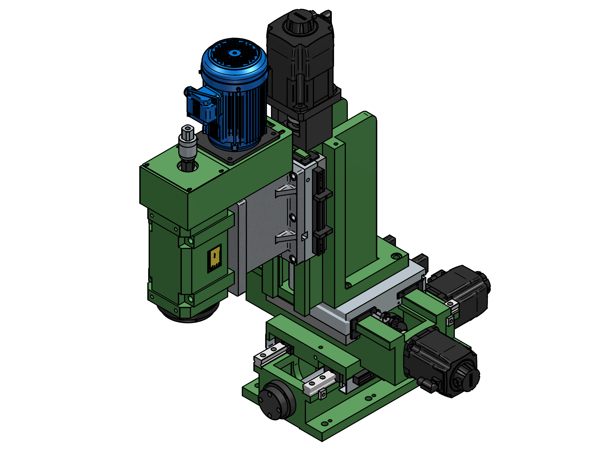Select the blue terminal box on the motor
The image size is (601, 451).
201,105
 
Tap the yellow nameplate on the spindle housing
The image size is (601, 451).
214,258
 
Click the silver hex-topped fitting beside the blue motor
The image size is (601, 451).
187,144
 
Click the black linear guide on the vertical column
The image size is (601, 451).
321,212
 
